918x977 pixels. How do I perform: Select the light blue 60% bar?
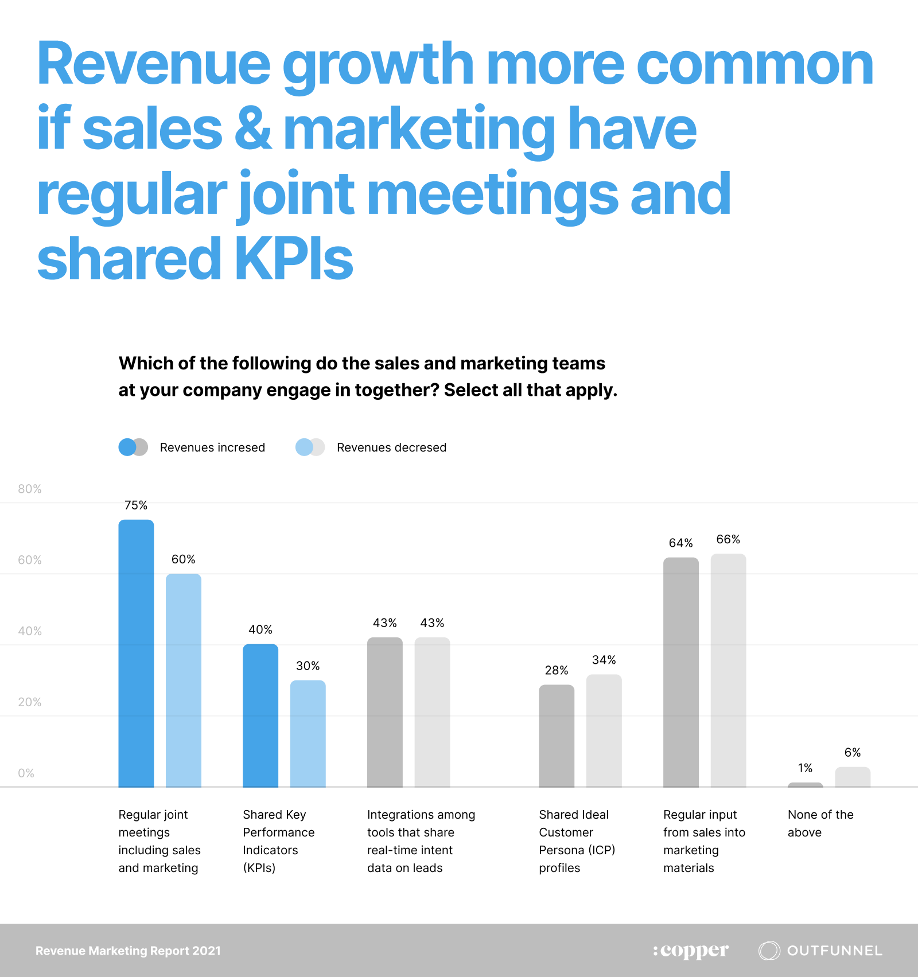coord(184,680)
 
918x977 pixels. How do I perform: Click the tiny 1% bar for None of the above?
coord(805,784)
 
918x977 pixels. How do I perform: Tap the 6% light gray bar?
coord(853,777)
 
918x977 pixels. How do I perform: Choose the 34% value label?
coord(604,660)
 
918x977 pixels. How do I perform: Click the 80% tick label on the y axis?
coord(30,489)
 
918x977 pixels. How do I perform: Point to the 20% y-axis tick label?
coord(30,702)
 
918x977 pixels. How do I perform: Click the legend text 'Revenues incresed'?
coord(212,447)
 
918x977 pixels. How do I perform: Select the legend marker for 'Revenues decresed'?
coord(310,447)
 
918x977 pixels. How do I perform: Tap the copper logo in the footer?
coord(691,951)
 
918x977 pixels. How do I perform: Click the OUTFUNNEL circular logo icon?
coord(769,951)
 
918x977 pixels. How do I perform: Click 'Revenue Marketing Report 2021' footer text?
coord(128,951)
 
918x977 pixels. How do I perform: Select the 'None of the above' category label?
coord(820,823)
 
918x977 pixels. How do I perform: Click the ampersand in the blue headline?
coord(252,129)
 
